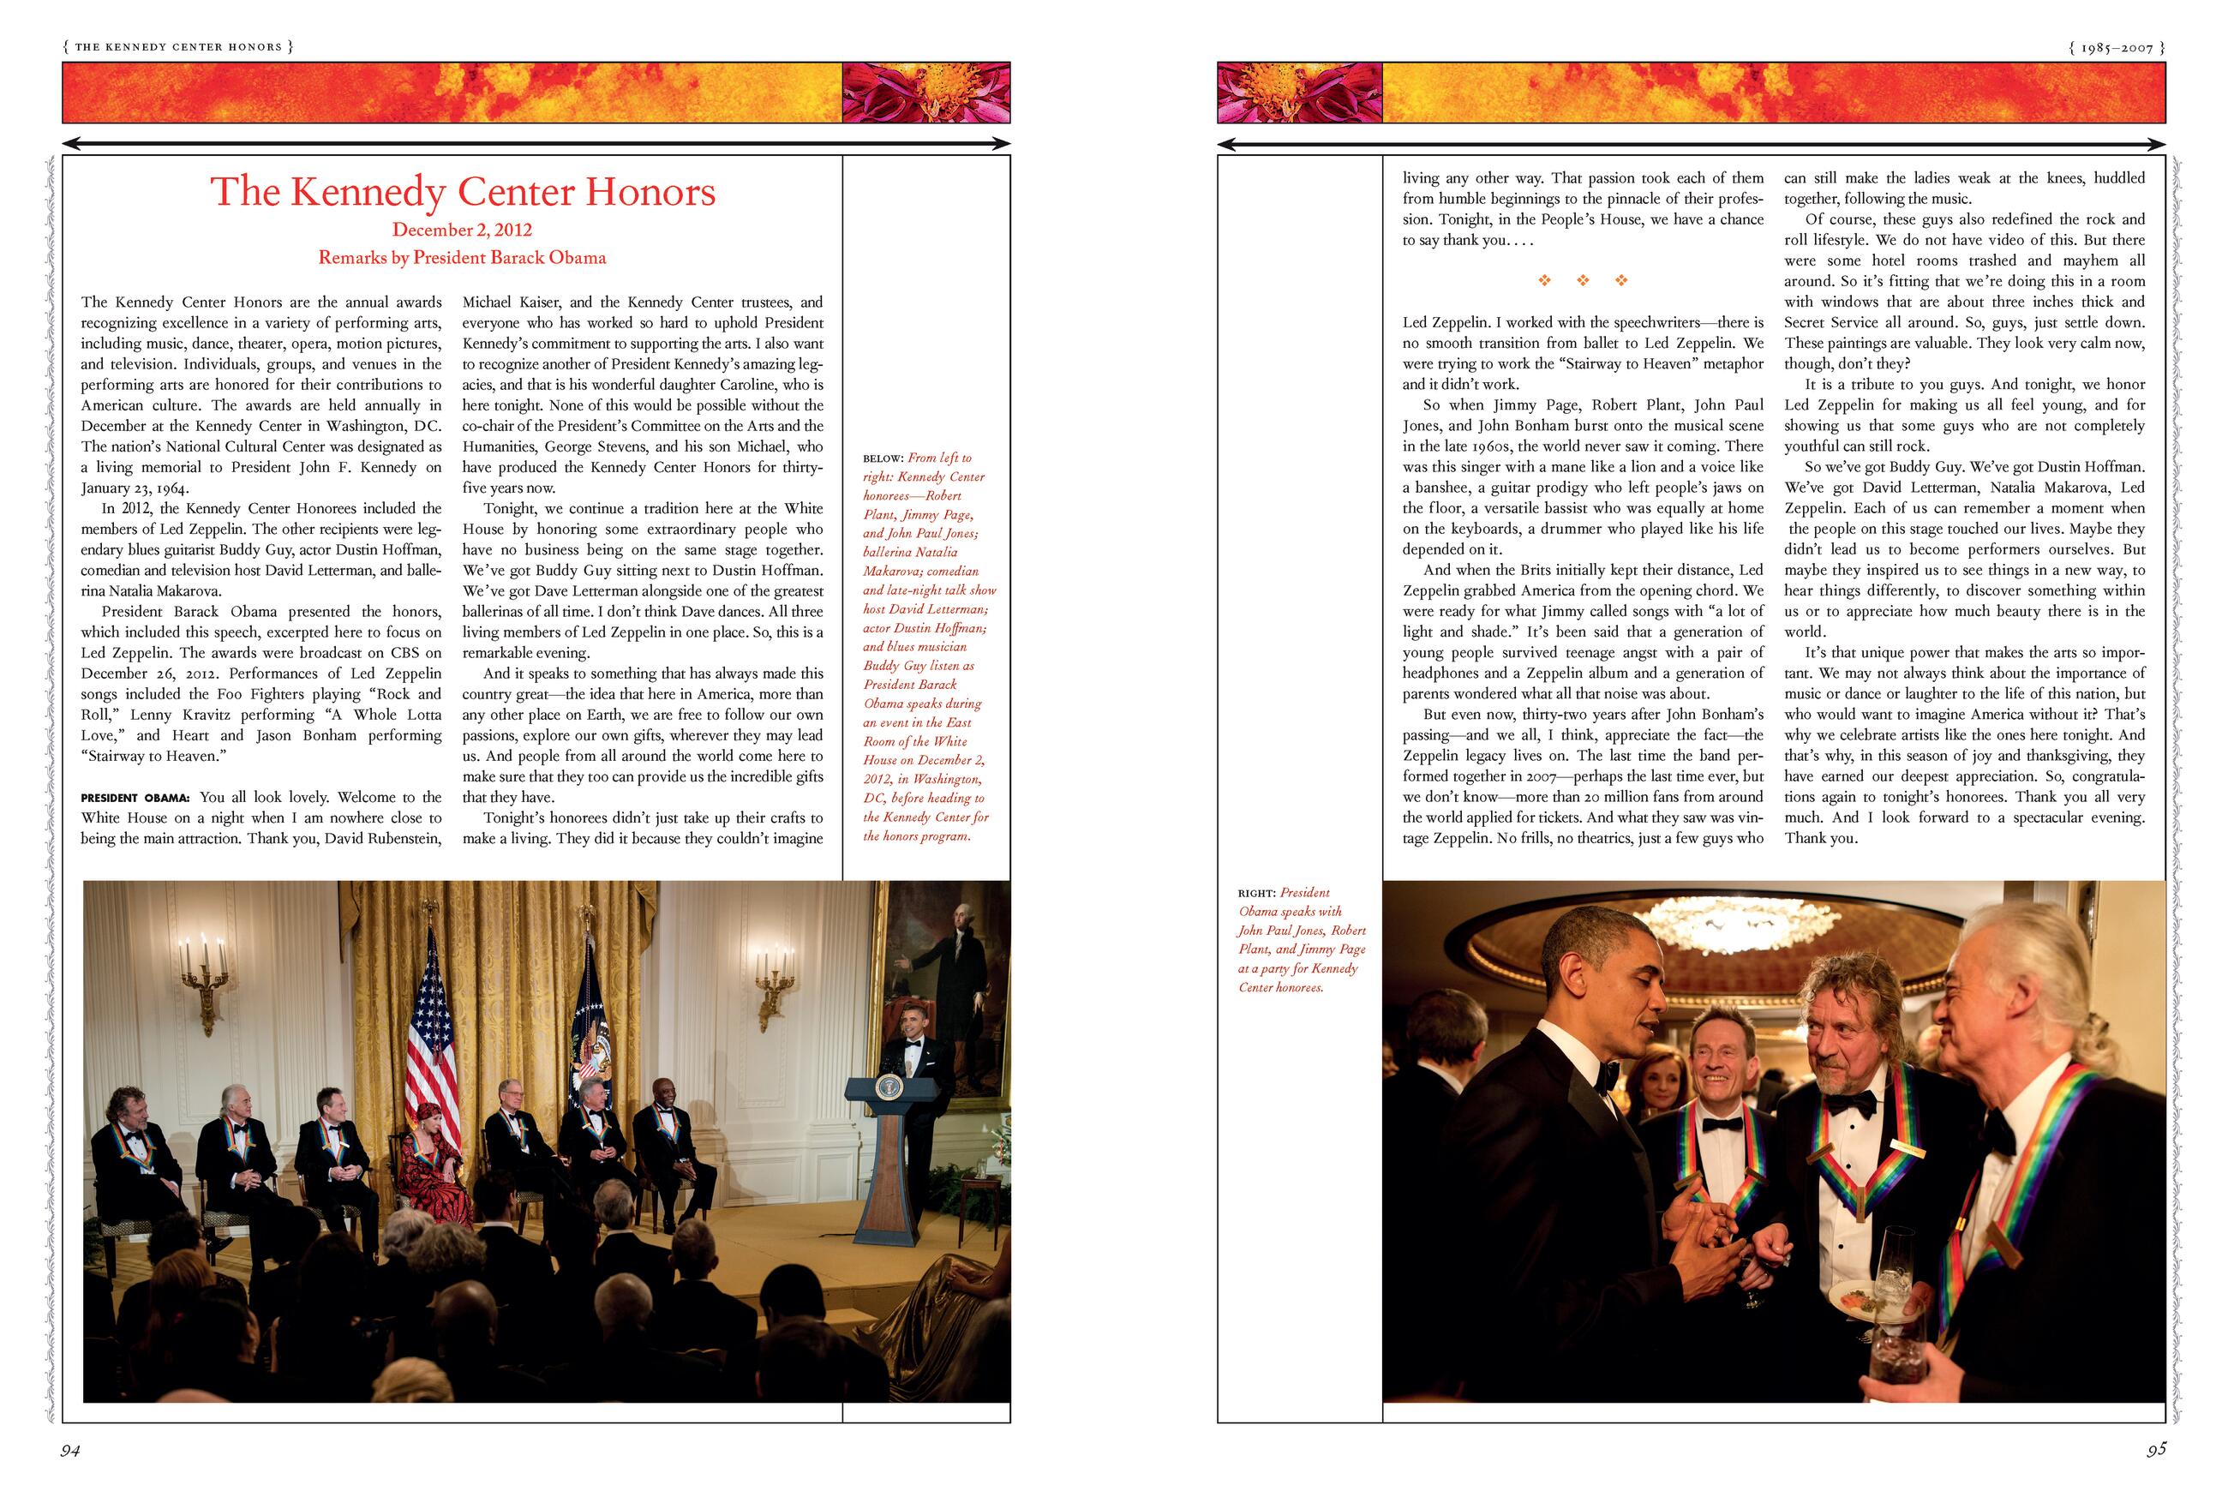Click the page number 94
click(69, 1451)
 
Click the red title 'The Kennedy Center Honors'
click(463, 192)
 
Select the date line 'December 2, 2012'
click(462, 231)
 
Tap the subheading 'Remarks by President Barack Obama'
click(462, 258)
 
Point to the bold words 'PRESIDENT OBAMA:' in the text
click(135, 798)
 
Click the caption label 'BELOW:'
click(883, 458)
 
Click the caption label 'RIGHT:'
click(1256, 893)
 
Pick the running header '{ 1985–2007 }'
click(2111, 46)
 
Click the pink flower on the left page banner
click(925, 93)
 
